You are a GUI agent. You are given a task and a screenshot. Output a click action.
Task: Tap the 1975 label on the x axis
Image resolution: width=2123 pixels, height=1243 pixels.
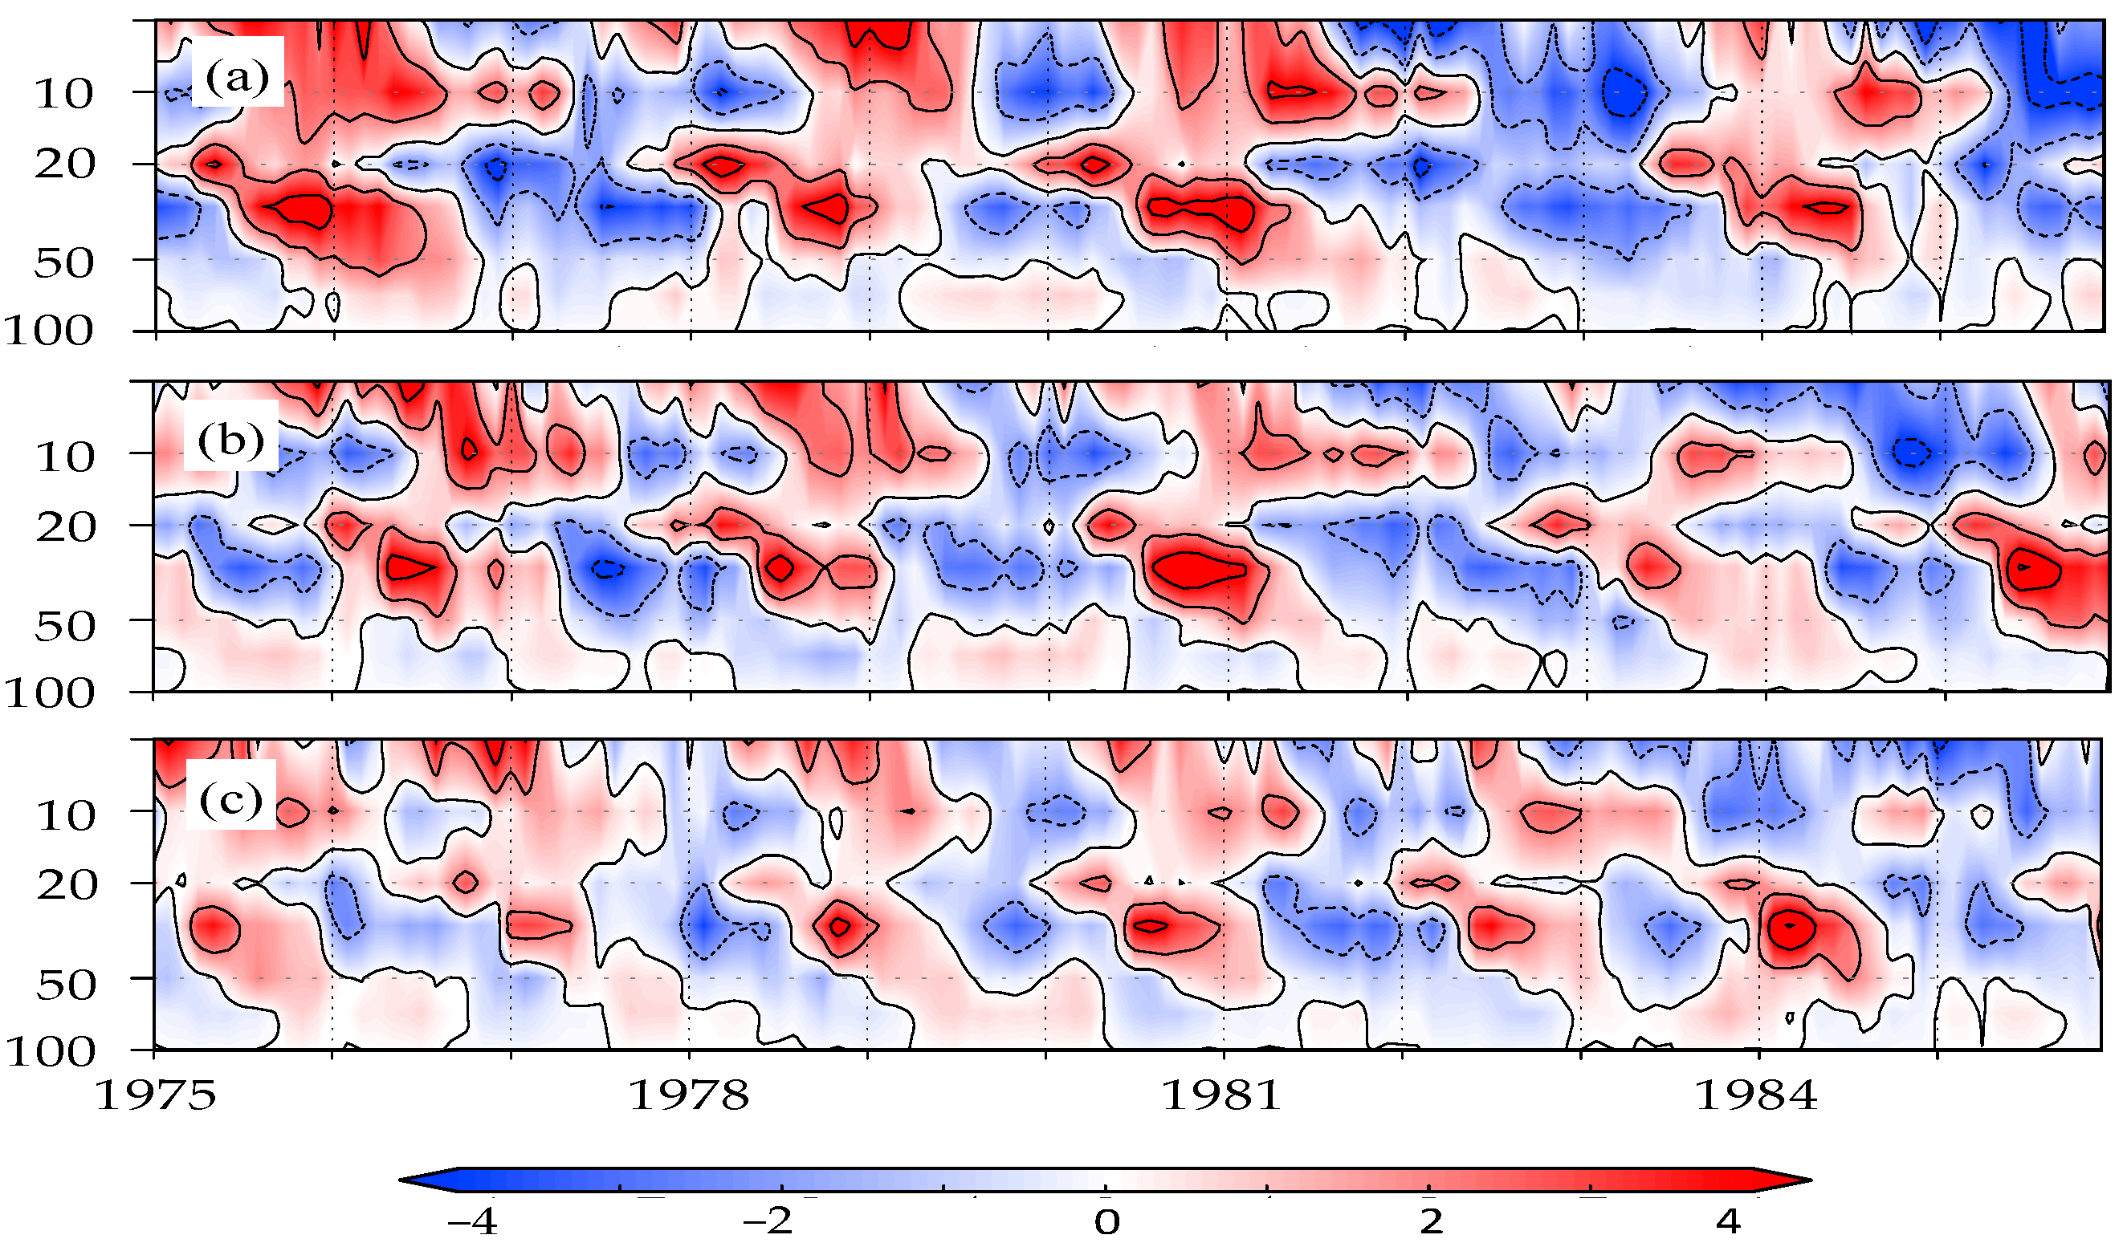tap(156, 1095)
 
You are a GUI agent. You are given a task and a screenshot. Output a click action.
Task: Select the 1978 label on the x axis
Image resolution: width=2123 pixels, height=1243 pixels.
tap(689, 1095)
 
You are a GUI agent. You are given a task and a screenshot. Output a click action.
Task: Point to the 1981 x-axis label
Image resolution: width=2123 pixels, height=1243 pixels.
tap(1221, 1095)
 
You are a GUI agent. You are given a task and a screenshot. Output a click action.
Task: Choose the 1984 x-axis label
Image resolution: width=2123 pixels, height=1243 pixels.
tap(1756, 1095)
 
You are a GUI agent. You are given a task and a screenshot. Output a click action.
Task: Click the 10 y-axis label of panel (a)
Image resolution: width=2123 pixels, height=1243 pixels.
tap(64, 95)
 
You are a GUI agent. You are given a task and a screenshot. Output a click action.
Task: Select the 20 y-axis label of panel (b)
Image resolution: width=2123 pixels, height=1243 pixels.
tap(64, 528)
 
